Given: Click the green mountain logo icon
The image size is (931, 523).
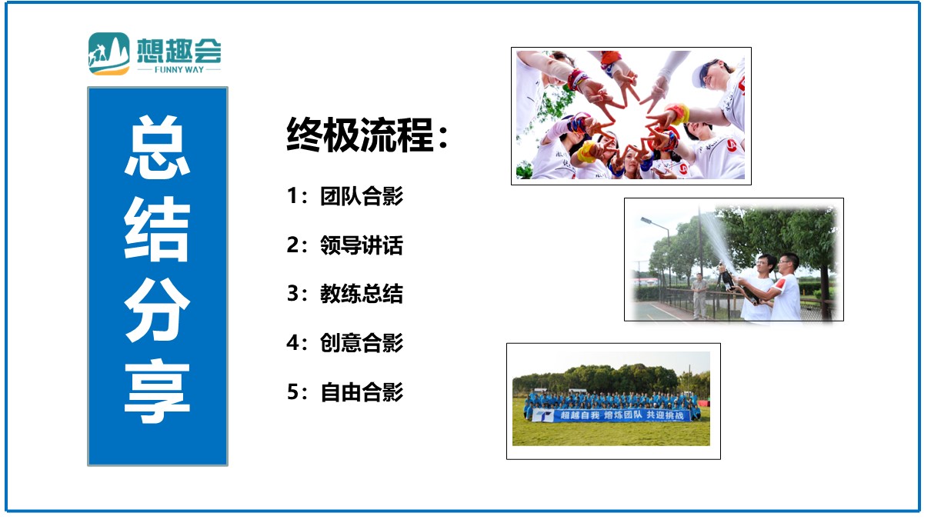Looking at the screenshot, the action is point(109,54).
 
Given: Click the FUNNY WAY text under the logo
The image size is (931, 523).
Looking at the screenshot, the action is point(179,70).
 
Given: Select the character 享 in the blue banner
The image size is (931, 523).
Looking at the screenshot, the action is point(158,391).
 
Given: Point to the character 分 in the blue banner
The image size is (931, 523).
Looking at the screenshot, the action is point(158,310).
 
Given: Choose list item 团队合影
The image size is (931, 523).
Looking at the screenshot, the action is point(362,196).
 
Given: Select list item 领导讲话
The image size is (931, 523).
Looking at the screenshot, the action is point(362,245).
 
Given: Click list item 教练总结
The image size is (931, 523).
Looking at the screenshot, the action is point(362,294).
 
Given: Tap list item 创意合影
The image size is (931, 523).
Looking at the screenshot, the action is point(362,343).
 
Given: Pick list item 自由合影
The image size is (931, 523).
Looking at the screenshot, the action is point(362,391).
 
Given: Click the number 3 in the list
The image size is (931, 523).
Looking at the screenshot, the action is point(292,294).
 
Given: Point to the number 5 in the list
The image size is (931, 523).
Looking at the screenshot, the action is point(292,391).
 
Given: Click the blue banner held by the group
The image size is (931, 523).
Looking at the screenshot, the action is point(611,415).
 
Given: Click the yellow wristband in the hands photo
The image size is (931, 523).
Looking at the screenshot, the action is point(586,152).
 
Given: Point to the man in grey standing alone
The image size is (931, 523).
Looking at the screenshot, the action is point(699,296).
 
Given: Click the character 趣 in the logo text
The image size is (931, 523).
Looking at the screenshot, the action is point(179,51).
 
